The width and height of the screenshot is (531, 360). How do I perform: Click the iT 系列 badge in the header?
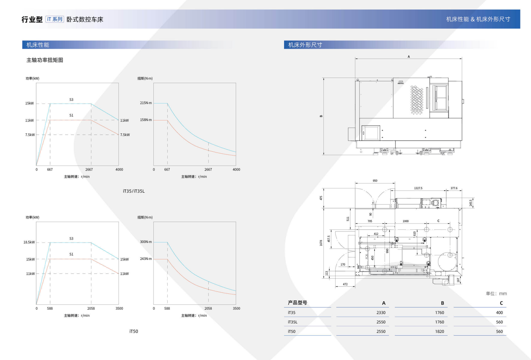[55, 19]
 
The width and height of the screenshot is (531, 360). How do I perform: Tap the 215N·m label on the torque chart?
[146, 103]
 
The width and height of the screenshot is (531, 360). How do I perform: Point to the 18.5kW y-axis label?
[29, 242]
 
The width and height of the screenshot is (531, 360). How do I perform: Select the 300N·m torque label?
[146, 242]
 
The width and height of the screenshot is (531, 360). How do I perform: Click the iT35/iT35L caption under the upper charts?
[134, 191]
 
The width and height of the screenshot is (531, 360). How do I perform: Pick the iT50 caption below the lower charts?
[134, 331]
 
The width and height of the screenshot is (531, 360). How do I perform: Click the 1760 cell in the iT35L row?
[439, 322]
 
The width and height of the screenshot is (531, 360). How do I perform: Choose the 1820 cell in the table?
[439, 331]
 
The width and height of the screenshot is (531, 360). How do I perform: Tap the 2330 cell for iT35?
[381, 312]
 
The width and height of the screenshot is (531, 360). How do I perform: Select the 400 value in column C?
[499, 312]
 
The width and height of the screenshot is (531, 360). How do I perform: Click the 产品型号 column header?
[297, 303]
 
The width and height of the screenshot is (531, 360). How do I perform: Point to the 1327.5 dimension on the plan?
[418, 188]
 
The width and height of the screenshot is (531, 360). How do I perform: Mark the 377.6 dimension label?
[454, 188]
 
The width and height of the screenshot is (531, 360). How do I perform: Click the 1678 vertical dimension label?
[321, 243]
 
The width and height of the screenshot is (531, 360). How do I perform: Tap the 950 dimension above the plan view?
[375, 181]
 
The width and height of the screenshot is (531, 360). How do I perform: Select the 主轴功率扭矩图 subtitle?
[45, 60]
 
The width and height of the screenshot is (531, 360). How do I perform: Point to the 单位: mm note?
[496, 294]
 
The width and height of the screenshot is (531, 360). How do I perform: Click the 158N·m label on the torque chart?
[146, 120]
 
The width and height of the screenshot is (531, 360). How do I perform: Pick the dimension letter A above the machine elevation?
[409, 57]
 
